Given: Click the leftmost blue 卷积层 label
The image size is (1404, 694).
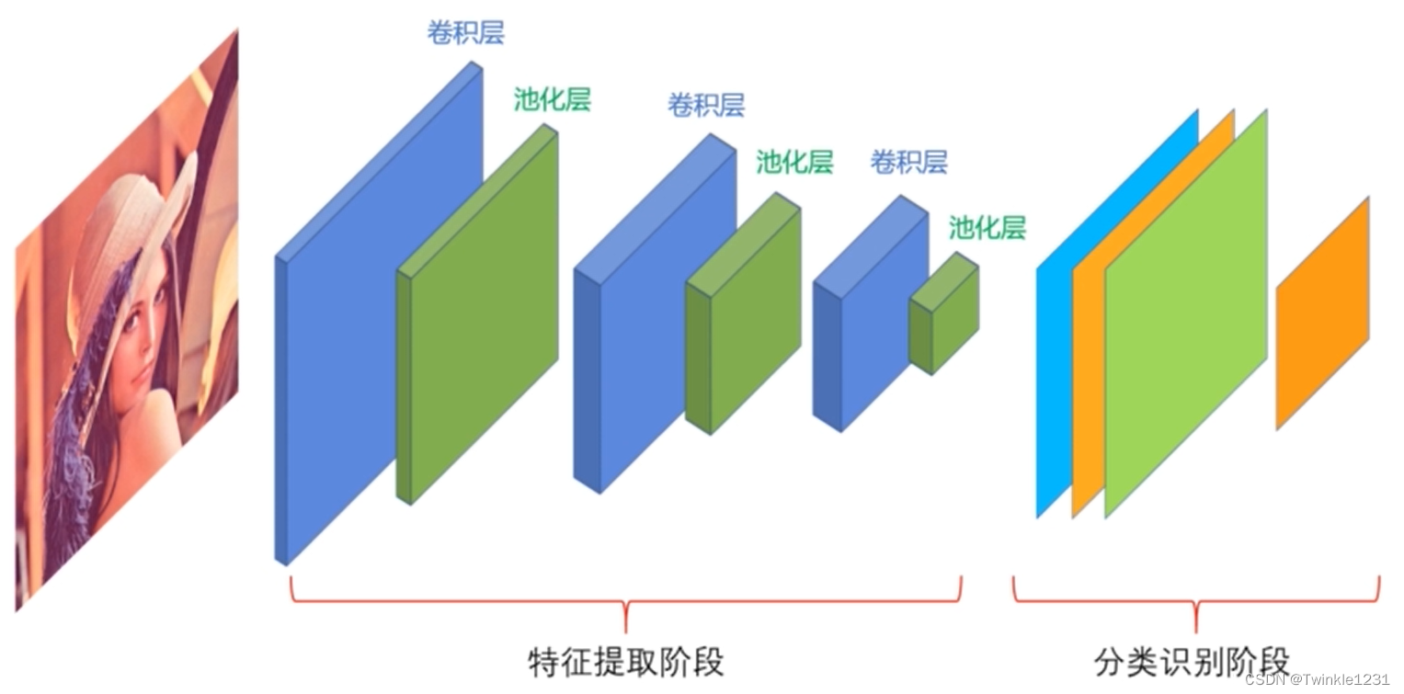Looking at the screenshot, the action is pos(465,33).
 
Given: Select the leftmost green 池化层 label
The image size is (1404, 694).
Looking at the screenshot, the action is pos(552,99).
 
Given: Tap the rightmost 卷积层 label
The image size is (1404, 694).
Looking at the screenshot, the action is pos(908,164).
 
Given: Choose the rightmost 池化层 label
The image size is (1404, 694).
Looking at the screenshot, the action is pos(987,228).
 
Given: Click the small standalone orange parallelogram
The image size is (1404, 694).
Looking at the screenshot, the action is pos(1321,313).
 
